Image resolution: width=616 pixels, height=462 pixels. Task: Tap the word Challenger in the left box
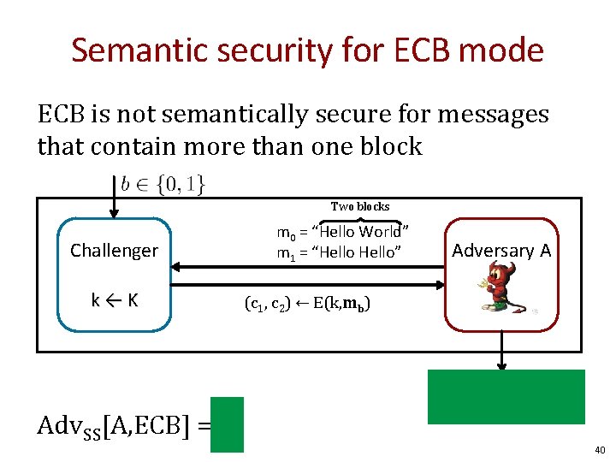(114, 251)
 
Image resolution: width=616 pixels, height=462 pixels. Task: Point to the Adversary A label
(501, 251)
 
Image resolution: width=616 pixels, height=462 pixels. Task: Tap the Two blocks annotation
(360, 206)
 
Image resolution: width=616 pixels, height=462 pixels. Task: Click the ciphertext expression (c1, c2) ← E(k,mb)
(307, 304)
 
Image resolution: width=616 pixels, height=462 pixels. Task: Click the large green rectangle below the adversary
(506, 397)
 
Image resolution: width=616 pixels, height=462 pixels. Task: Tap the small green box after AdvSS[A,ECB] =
(227, 424)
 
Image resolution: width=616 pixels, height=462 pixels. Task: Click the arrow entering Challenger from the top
(114, 205)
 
